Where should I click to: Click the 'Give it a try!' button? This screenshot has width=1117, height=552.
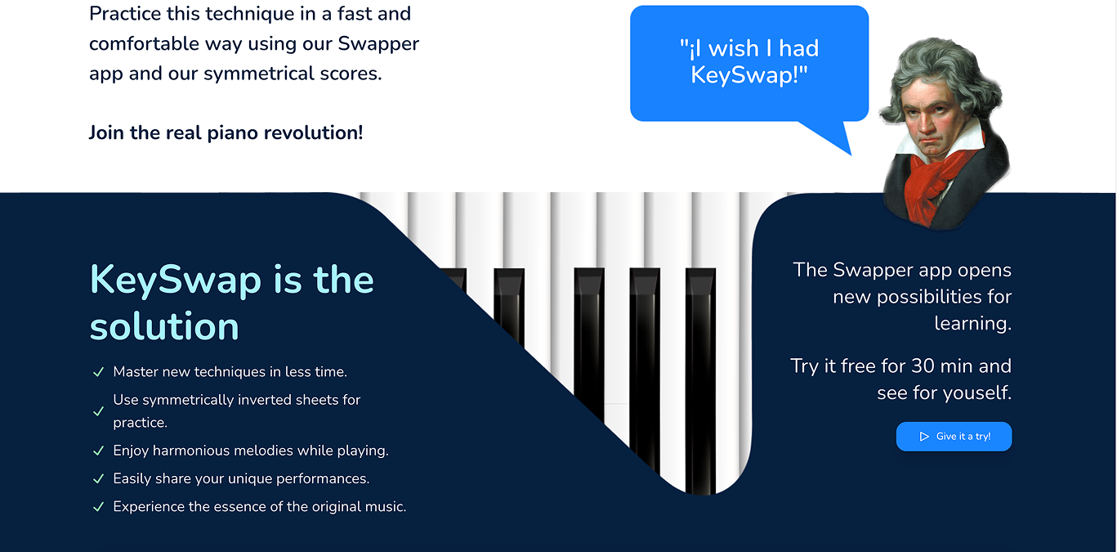coord(954,437)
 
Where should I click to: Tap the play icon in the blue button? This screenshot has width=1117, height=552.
coord(924,437)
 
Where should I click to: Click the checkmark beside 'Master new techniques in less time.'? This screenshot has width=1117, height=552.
coord(98,372)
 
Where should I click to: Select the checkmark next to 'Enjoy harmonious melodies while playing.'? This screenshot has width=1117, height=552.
coord(98,451)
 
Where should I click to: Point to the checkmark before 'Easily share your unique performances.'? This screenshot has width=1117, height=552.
coord(98,478)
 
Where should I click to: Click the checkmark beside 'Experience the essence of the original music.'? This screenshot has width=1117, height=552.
coord(98,506)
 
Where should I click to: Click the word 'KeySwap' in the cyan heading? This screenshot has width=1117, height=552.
coord(176,280)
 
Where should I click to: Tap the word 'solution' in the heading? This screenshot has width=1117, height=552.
coord(164,326)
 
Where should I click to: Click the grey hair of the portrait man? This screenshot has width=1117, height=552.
coord(937,65)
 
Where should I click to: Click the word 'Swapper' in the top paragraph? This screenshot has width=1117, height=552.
coord(378,44)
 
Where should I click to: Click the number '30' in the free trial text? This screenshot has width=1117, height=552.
coord(923,366)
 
